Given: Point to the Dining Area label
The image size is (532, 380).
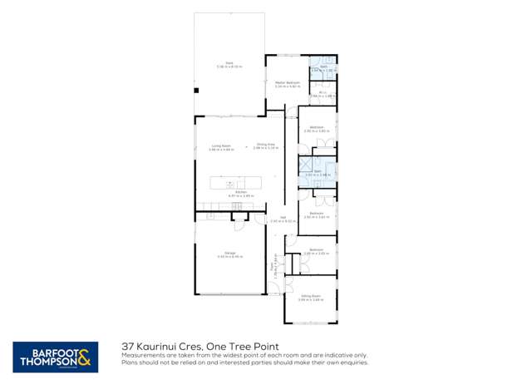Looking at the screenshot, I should pos(266,146).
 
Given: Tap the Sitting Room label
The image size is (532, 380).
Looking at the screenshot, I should pos(311,297).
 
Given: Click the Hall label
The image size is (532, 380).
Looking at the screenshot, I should pos(282,220).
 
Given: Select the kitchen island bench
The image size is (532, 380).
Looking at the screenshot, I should pos(235,180).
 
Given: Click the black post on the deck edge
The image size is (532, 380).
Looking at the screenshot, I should pos(196,90).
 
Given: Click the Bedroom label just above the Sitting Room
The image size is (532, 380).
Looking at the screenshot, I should pos(316,251).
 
